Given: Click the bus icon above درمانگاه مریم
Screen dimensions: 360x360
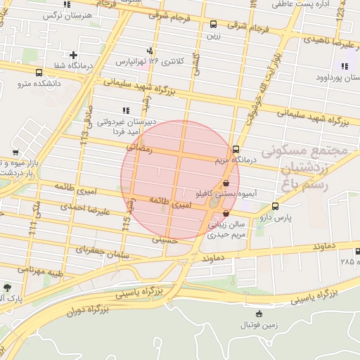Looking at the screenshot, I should tap(236, 149).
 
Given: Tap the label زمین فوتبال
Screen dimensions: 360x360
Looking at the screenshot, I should tap(260, 324).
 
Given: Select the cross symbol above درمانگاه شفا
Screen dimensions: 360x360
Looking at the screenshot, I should tap(74, 55).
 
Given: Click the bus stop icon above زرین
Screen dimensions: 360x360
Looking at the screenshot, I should tap(214, 24).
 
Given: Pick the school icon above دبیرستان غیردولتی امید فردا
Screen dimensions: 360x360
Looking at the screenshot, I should tap(126, 110).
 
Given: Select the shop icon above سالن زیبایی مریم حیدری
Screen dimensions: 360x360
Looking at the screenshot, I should tap(226, 213).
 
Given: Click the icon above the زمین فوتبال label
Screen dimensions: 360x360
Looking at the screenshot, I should tap(260, 314).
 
